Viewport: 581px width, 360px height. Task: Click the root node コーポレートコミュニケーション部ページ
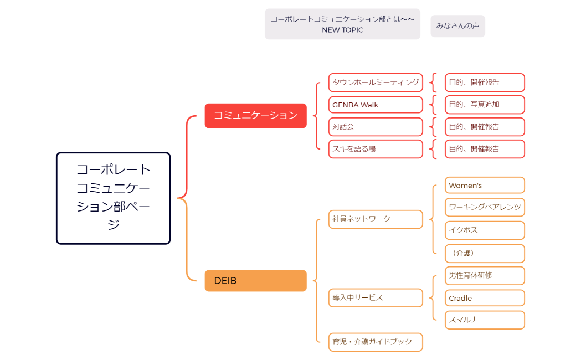point(113,198)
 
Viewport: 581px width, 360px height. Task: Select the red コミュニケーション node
point(255,115)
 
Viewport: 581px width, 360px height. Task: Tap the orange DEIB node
point(255,280)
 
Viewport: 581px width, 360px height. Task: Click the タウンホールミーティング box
point(376,82)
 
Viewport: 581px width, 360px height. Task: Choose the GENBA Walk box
point(376,105)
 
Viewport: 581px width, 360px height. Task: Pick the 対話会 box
point(376,126)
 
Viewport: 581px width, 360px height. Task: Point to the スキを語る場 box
point(376,148)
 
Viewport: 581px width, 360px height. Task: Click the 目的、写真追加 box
point(484,105)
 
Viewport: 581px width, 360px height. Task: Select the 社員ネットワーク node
point(376,219)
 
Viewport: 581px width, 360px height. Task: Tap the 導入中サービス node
point(376,297)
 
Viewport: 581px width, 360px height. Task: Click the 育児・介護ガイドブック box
point(376,342)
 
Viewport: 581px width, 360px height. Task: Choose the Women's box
point(484,185)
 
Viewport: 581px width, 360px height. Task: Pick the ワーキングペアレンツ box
point(484,207)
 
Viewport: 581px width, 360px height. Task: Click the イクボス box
point(484,230)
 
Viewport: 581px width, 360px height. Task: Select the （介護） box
point(484,253)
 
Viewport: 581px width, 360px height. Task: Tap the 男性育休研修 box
point(484,275)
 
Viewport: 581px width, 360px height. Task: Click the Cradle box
point(484,298)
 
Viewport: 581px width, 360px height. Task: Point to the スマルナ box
point(484,320)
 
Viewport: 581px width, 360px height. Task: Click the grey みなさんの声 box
point(457,26)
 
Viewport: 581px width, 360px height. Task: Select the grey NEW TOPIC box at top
point(342,24)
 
